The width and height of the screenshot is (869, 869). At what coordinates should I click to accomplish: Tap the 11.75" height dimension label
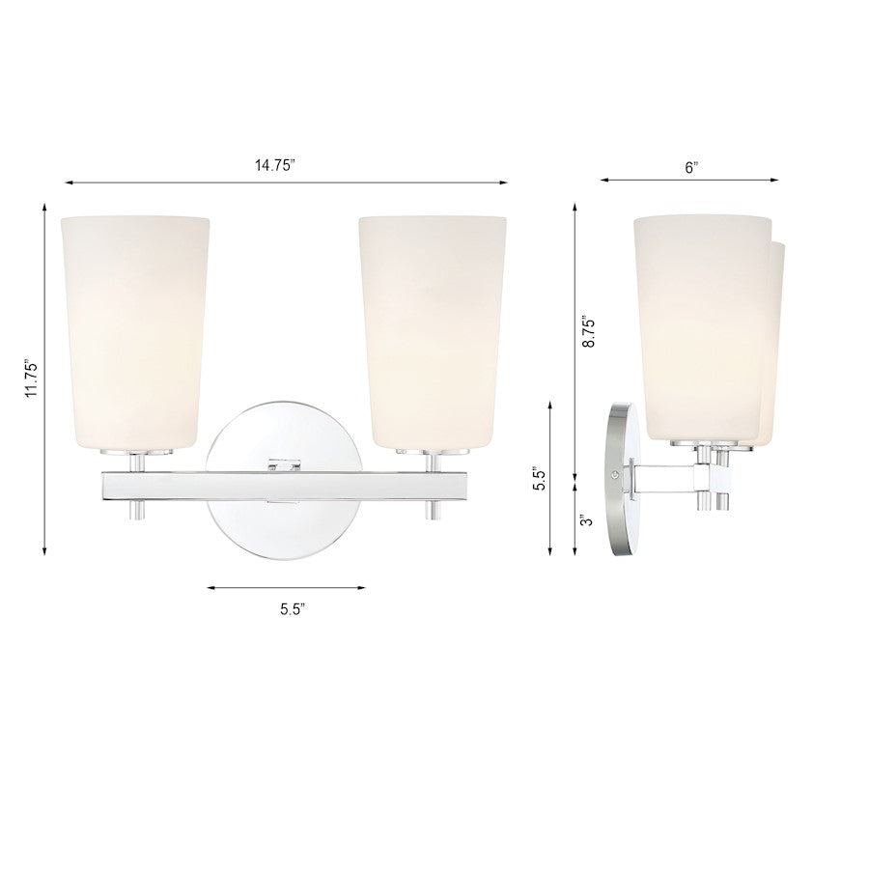click(x=31, y=378)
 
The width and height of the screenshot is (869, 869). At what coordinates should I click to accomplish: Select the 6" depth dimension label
click(x=690, y=167)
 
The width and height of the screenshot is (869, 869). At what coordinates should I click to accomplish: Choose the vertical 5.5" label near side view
click(x=542, y=479)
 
